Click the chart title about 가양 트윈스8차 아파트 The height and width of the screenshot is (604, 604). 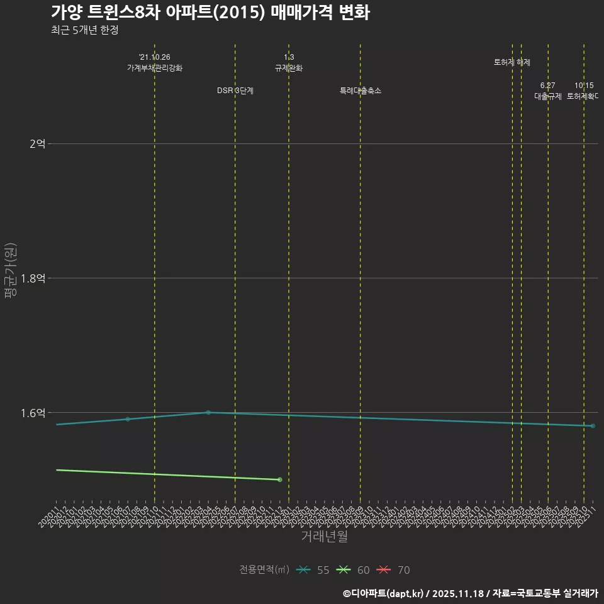click(210, 13)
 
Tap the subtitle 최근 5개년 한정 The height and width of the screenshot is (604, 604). click(84, 30)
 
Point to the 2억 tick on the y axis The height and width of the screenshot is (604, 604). click(37, 144)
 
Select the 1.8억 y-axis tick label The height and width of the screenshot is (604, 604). click(33, 278)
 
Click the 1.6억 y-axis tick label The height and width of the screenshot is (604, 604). click(33, 413)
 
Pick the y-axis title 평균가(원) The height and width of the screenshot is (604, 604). click(11, 274)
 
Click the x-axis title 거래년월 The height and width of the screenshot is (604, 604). click(324, 537)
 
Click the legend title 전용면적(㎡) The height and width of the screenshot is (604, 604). click(264, 570)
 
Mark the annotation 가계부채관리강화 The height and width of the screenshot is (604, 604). click(154, 68)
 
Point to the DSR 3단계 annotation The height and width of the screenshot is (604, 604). click(235, 91)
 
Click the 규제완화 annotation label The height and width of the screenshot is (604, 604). click(289, 68)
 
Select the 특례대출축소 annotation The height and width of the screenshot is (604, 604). click(361, 91)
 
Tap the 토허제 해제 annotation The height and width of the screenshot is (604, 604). click(512, 62)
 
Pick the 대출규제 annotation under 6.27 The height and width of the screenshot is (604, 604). click(548, 96)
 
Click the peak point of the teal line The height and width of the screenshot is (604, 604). click(208, 413)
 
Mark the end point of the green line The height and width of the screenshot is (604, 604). click(280, 480)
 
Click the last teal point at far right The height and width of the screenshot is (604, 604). click(593, 426)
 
